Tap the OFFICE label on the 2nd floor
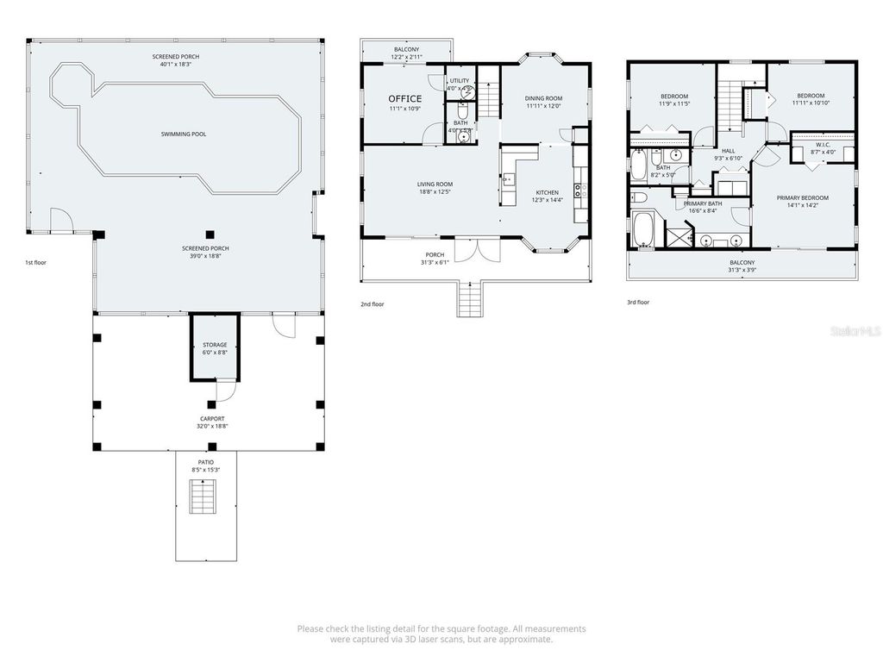(x=405, y=98)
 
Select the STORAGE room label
(x=215, y=345)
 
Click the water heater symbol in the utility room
(x=466, y=88)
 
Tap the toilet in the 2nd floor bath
(x=462, y=134)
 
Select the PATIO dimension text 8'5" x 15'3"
(x=205, y=470)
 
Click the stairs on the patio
(x=205, y=497)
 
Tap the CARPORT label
(x=211, y=419)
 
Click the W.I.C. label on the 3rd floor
(x=822, y=144)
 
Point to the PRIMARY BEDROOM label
(x=802, y=197)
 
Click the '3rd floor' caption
(x=638, y=303)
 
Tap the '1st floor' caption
(x=36, y=261)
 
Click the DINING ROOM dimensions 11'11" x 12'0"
(x=543, y=107)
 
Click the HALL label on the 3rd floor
(x=728, y=150)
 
